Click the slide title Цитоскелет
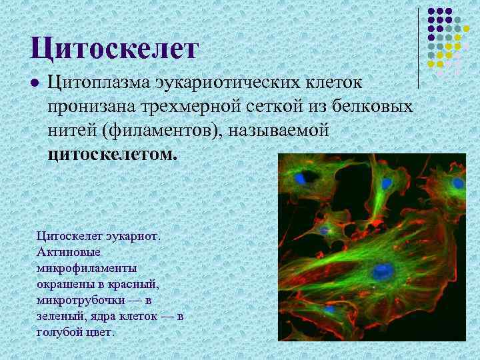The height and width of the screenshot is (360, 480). click(115, 48)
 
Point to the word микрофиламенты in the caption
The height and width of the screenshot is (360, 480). click(87, 267)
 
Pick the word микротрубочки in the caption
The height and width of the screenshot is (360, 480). click(79, 299)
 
